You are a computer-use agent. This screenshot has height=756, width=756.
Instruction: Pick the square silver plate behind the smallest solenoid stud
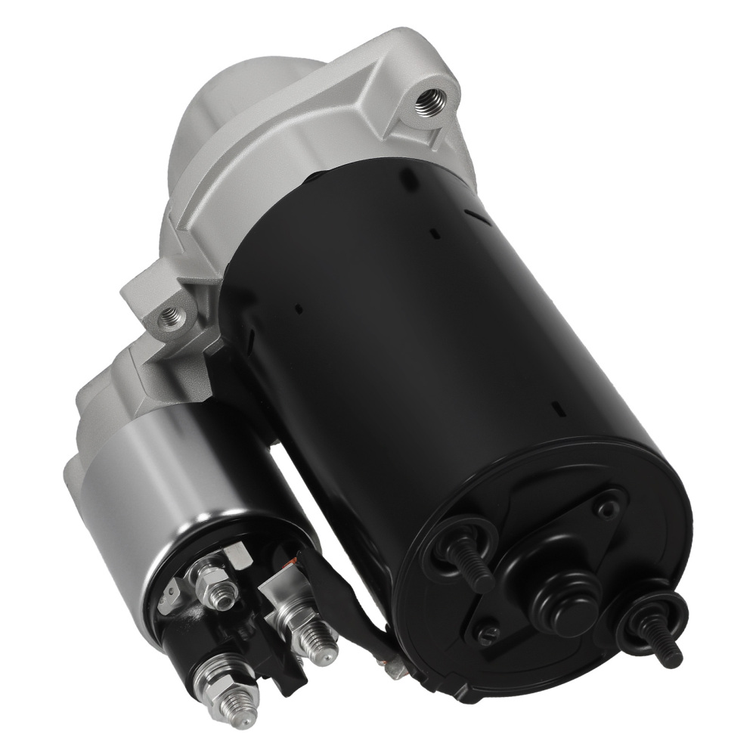pyautogui.click(x=237, y=555)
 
